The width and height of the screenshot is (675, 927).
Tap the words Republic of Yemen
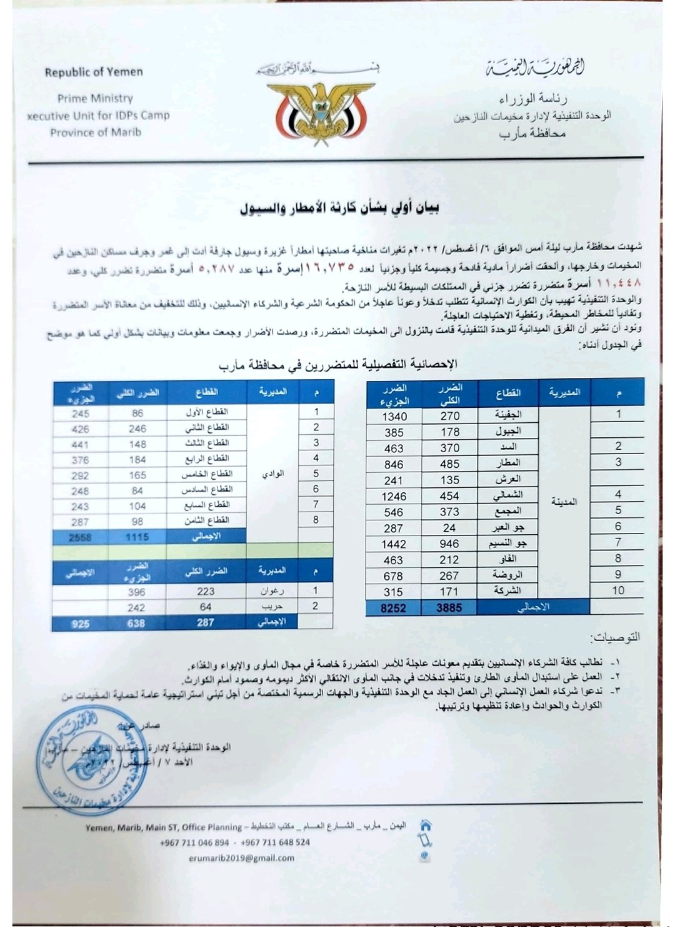pyautogui.click(x=94, y=72)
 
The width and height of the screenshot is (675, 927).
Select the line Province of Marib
pyautogui.click(x=96, y=132)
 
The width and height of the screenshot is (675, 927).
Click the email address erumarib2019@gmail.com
pyautogui.click(x=241, y=858)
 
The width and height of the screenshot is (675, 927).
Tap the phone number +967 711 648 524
pyautogui.click(x=275, y=842)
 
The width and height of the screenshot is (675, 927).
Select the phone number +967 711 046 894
pyautogui.click(x=194, y=842)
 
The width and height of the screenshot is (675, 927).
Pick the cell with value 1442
pyautogui.click(x=394, y=544)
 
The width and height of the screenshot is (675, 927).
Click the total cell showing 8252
pyautogui.click(x=393, y=607)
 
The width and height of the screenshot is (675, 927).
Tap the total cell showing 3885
pyautogui.click(x=449, y=607)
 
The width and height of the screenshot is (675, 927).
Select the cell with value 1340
pyautogui.click(x=394, y=417)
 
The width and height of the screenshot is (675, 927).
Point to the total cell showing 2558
pyautogui.click(x=81, y=537)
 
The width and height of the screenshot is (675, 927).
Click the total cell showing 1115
pyautogui.click(x=137, y=537)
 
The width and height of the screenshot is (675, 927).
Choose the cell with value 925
pyautogui.click(x=81, y=624)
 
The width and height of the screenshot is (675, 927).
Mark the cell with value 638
pyautogui.click(x=136, y=623)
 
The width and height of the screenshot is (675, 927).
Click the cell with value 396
pyautogui.click(x=136, y=592)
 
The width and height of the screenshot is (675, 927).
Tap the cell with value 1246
pyautogui.click(x=394, y=497)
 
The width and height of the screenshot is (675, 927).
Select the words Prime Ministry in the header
pyautogui.click(x=95, y=98)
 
